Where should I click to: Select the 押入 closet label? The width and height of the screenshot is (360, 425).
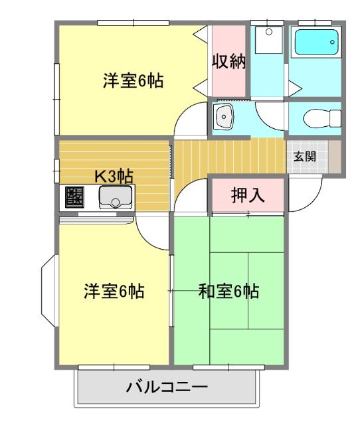point(248,195)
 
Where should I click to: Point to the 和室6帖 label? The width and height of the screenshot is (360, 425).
point(229,291)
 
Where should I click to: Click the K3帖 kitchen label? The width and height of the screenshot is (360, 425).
point(113,176)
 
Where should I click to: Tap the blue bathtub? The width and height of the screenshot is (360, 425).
point(316,43)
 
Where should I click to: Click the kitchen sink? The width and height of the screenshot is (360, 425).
point(115,197)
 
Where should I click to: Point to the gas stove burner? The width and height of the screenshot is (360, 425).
point(75,197)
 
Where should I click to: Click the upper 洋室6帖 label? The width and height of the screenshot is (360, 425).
point(133,81)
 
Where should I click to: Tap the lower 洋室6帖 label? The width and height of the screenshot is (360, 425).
point(115,291)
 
